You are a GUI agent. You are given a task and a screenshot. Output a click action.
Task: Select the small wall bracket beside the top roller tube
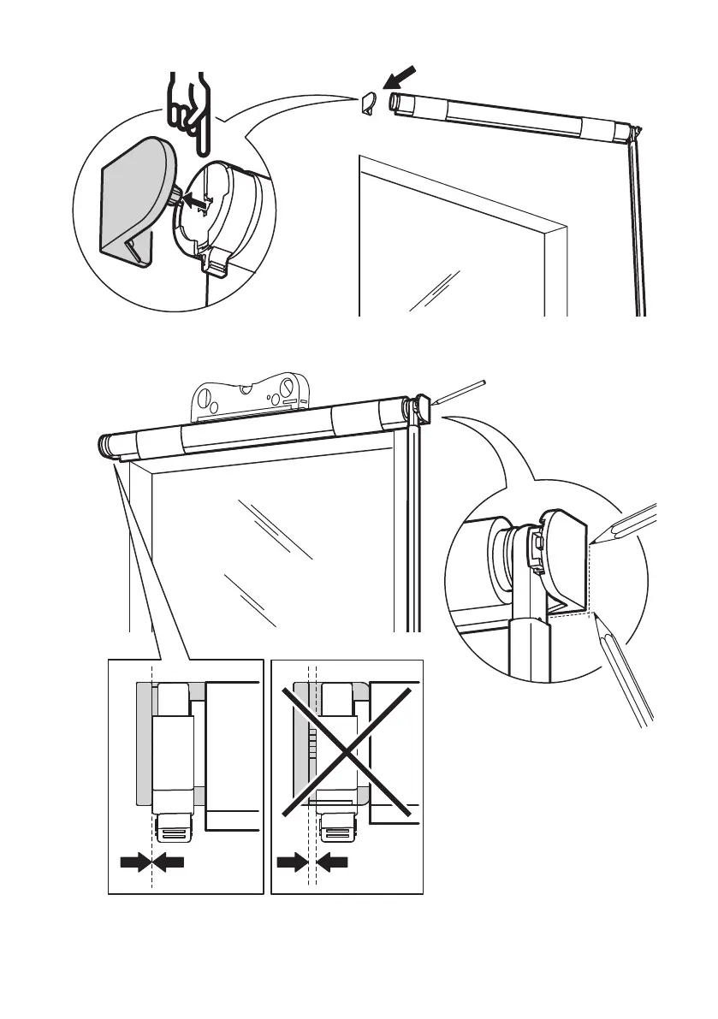point(369,105)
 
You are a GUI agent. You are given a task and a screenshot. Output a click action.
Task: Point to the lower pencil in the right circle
point(625,667)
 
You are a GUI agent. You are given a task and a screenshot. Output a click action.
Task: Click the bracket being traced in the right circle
point(561,556)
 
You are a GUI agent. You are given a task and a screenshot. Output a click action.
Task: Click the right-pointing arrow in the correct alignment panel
point(134,865)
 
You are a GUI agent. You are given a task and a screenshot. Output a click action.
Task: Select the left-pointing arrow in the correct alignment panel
point(169,865)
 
